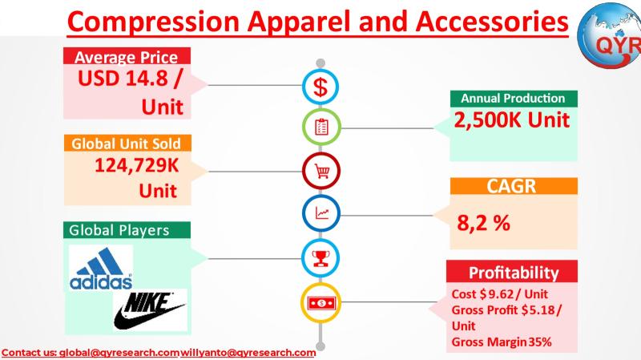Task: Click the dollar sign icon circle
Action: click(320, 87)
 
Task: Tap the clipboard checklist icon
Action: click(321, 127)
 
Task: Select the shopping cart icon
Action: click(321, 171)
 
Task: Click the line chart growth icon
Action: click(321, 213)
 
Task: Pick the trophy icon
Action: click(320, 258)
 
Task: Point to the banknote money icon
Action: click(321, 303)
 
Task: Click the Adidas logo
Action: click(101, 269)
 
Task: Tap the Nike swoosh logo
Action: click(150, 309)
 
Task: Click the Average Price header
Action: click(127, 56)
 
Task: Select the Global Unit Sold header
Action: click(127, 144)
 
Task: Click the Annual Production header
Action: click(514, 99)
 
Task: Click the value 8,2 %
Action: click(484, 223)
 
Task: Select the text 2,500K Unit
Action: click(512, 119)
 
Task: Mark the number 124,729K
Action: click(136, 166)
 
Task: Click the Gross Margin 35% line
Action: click(502, 342)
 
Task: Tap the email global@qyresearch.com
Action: click(119, 353)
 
